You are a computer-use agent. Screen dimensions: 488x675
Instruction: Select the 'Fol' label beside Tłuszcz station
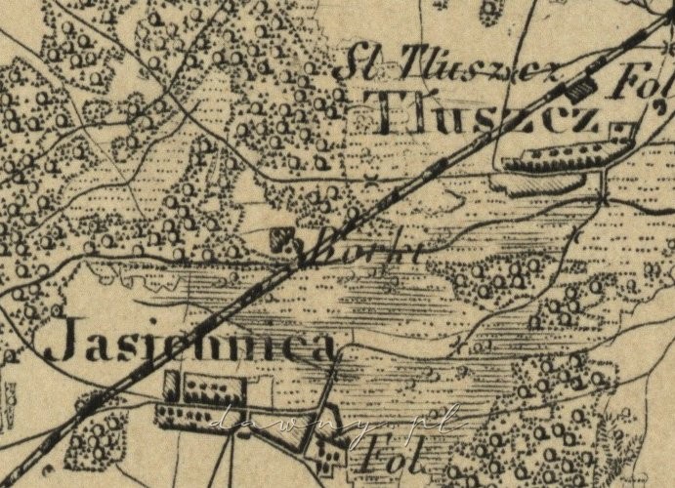[634, 85]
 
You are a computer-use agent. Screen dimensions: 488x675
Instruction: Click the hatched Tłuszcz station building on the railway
[579, 89]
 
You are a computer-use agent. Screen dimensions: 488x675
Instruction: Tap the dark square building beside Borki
[280, 238]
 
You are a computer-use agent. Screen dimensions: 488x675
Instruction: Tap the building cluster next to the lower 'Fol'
[328, 448]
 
